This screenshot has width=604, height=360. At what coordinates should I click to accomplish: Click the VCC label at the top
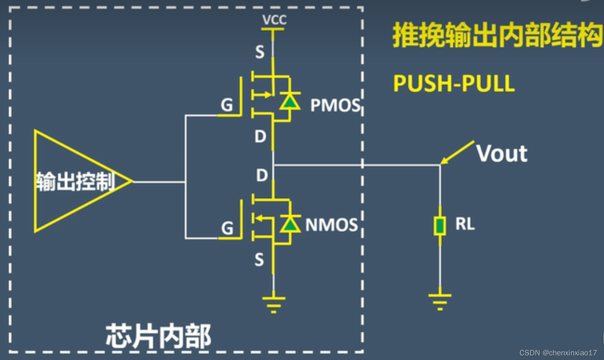point(274,19)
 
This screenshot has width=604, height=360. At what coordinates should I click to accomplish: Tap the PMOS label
point(335,105)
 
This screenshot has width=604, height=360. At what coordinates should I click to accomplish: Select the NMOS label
point(331,225)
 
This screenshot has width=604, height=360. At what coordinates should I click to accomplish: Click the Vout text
point(502,154)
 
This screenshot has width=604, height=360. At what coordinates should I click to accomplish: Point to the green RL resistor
point(440,226)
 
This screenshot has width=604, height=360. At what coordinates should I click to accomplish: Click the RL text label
point(465,224)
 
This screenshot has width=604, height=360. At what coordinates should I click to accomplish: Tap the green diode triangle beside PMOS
point(290,101)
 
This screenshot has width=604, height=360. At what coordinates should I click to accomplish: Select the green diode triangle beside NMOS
point(290,224)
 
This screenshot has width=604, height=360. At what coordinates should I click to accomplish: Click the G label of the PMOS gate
point(227,105)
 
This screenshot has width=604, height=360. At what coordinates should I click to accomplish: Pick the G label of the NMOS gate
point(227,228)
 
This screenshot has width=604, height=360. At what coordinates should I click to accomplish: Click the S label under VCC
point(259,52)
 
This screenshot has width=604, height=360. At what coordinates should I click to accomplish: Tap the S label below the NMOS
point(259,260)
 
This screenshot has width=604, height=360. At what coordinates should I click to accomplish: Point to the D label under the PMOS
point(260,136)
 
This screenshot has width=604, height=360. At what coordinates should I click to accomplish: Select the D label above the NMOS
point(261,175)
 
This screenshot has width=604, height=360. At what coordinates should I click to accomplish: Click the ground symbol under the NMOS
point(273,304)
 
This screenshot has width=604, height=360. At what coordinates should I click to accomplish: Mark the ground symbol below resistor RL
point(440,301)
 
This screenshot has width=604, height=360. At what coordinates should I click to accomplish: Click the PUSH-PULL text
point(454,84)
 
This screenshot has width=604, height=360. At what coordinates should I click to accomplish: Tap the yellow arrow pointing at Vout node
point(457,152)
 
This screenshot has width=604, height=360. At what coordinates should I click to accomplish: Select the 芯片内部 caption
point(158,336)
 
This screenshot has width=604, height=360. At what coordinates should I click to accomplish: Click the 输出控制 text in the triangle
point(75,181)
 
